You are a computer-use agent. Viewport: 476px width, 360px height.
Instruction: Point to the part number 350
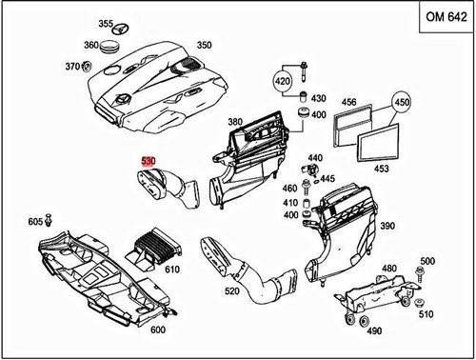205,45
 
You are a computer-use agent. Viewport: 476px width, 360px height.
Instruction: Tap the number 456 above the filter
348,102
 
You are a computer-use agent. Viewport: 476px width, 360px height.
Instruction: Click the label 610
172,270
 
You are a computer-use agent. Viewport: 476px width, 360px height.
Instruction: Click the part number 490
374,330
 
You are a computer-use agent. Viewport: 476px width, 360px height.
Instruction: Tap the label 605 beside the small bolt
35,221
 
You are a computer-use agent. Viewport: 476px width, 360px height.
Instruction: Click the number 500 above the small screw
427,261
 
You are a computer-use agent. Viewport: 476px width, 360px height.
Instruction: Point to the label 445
327,178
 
